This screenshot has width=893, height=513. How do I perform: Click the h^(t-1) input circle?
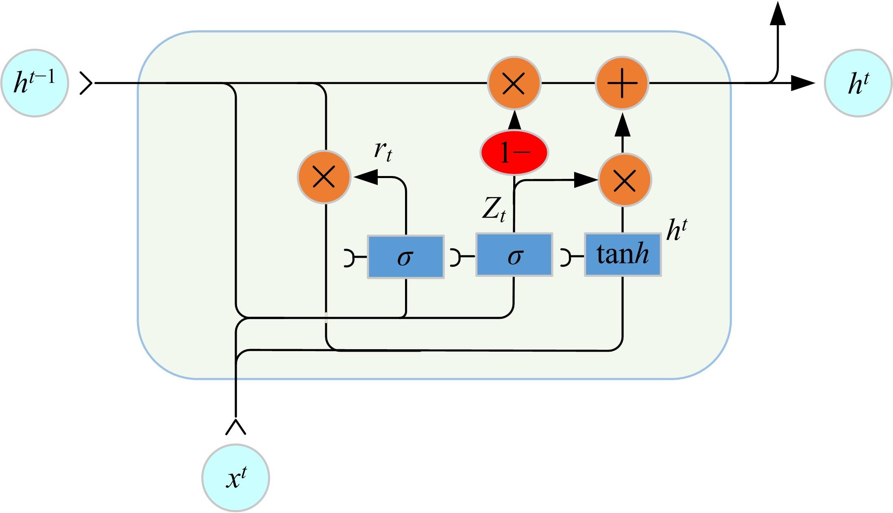coord(35,83)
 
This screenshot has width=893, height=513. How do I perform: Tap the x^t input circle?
coord(235,478)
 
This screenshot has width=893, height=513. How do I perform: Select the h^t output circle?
coord(858,83)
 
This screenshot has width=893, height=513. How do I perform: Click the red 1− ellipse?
coord(514,153)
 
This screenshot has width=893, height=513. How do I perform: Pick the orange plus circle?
coord(622,83)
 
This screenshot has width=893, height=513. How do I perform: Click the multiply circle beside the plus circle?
coord(514,83)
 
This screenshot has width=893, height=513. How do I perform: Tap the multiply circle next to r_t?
coord(324,177)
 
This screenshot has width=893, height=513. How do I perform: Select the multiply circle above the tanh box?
coord(624,180)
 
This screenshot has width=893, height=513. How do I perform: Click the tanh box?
coord(623,255)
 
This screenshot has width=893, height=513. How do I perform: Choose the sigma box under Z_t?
coord(514,255)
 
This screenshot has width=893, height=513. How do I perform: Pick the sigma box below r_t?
coord(405,256)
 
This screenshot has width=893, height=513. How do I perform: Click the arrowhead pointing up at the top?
coord(778,15)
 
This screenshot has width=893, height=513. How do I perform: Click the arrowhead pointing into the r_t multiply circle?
coord(366,177)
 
